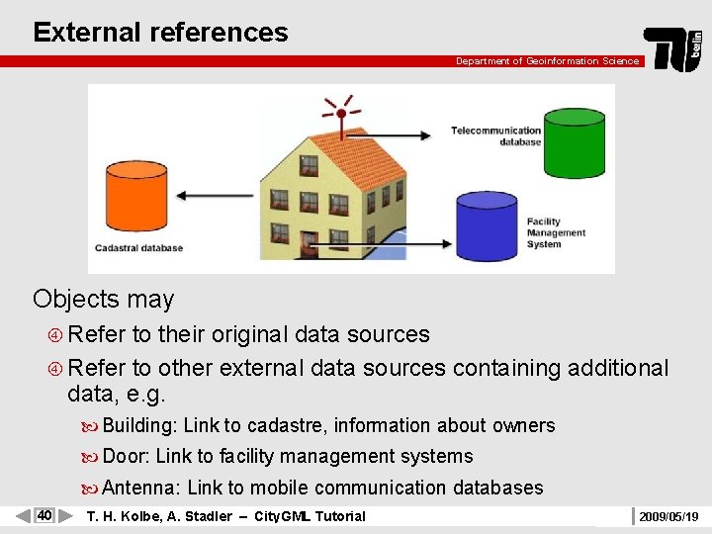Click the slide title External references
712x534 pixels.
click(160, 32)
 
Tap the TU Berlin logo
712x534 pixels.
click(673, 48)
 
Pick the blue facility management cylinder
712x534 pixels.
click(487, 225)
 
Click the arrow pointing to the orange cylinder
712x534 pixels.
click(216, 196)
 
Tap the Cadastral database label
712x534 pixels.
click(138, 248)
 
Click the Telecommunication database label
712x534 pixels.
click(495, 135)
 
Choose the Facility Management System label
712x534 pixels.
click(556, 233)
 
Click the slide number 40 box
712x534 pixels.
click(44, 515)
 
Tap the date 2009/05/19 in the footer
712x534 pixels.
click(668, 516)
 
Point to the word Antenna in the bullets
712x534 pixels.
click(141, 488)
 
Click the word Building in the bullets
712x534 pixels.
click(139, 426)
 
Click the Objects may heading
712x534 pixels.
click(103, 299)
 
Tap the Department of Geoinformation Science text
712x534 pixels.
click(547, 61)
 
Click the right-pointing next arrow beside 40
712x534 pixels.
click(66, 515)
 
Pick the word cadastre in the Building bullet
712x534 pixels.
click(284, 426)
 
